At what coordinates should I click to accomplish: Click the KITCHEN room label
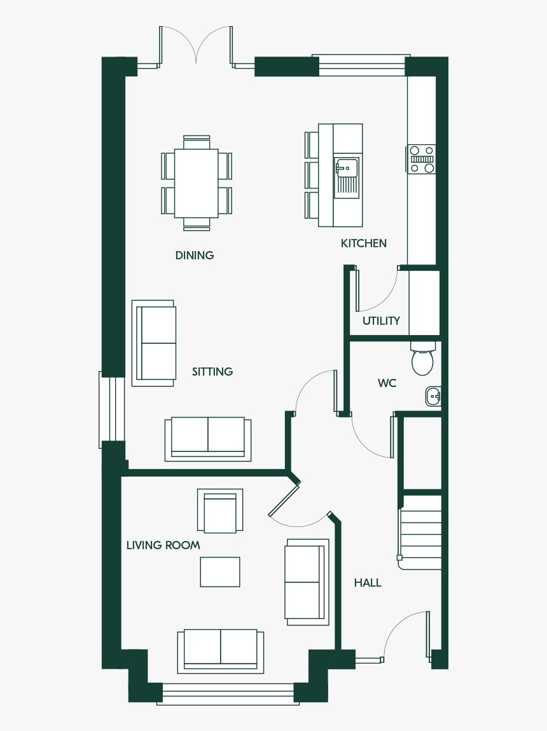pos(363,243)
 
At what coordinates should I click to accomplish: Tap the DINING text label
pos(195,256)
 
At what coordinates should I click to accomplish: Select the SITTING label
pos(212,372)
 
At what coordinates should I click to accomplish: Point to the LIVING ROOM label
pos(163,545)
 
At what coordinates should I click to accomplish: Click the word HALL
pos(368,583)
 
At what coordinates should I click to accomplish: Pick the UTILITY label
pos(381,321)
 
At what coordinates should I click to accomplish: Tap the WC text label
pos(387,383)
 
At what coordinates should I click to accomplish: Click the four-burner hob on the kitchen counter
pos(422,159)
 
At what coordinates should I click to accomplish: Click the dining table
pos(196,183)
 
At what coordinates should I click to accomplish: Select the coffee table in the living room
pos(220,571)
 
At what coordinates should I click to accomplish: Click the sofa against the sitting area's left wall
pos(154,343)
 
